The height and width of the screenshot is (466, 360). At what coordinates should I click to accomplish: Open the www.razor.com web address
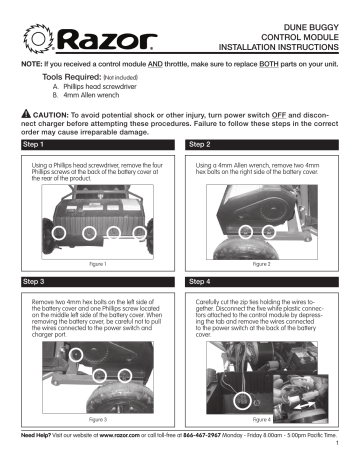click(112, 437)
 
